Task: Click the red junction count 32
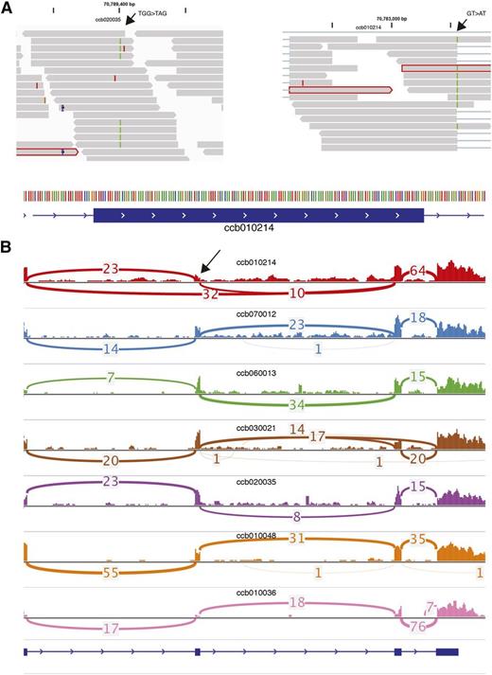coord(214,293)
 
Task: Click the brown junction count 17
coord(319,437)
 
